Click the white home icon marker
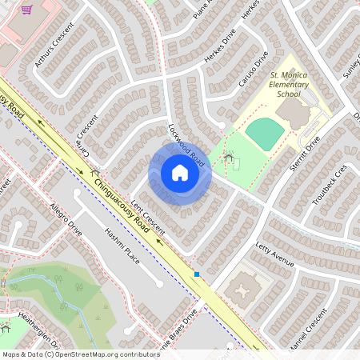(179, 173)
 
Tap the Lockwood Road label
(186, 144)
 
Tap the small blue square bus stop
(197, 274)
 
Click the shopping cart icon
(26, 10)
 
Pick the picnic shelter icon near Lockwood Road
(230, 159)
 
